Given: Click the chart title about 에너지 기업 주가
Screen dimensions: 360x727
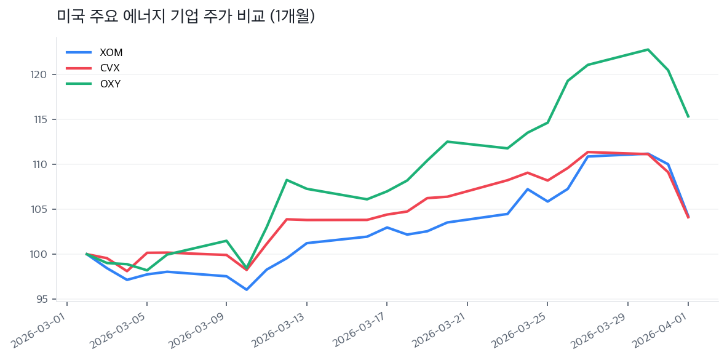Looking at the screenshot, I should [186, 17].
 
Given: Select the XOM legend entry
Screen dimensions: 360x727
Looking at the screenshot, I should [111, 53].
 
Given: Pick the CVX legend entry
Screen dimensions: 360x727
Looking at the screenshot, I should [109, 68].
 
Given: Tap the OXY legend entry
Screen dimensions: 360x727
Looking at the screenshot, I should [109, 84].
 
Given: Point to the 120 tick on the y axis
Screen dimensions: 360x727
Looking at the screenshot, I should [40, 74].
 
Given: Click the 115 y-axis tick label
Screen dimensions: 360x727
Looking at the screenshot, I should [41, 119].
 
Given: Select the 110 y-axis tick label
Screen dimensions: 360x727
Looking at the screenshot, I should [41, 164].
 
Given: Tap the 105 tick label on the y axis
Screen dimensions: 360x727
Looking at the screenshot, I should [40, 209].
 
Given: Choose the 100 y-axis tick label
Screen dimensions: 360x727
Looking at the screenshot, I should [40, 254].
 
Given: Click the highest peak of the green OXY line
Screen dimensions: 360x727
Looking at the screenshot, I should [648, 49].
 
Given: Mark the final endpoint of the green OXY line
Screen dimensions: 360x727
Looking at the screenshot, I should [688, 116].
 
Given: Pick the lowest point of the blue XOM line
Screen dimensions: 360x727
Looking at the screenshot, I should [247, 289].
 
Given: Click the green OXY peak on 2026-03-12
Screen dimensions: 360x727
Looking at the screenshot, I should [287, 180].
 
